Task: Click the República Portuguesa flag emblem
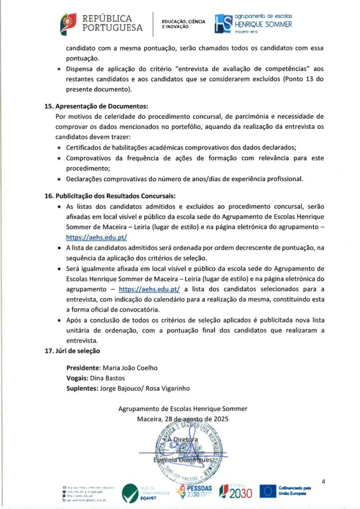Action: click(68, 22)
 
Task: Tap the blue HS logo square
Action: click(223, 23)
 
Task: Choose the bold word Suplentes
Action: click(82, 388)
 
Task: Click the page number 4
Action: click(324, 481)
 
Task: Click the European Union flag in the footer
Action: click(269, 491)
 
